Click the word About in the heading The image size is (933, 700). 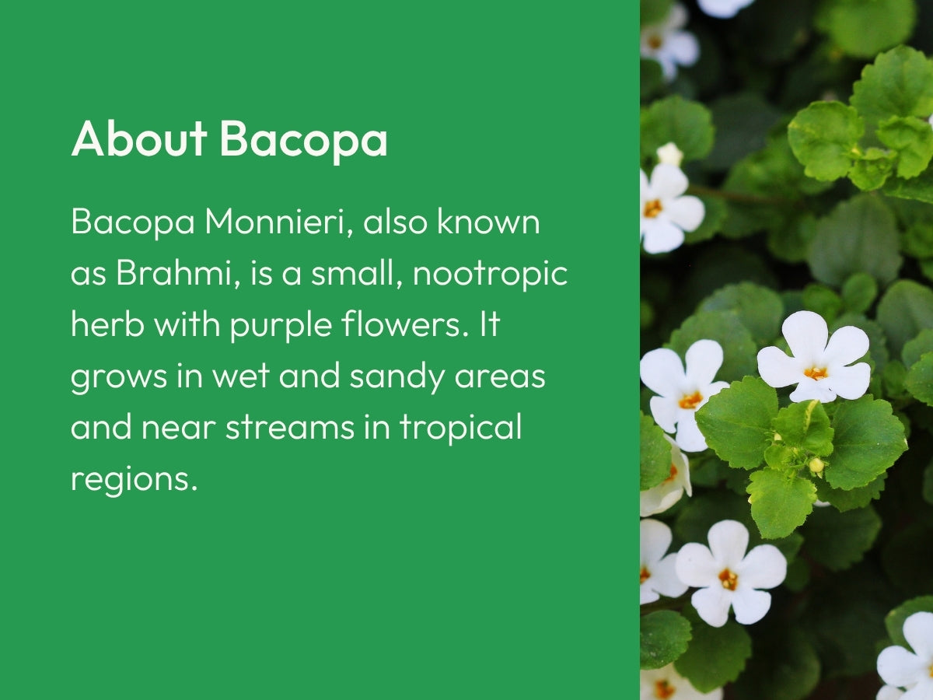(x=139, y=138)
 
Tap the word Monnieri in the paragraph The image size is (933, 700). (x=279, y=222)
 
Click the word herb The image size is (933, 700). (x=107, y=324)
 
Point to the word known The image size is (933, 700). (x=489, y=221)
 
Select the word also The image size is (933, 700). (x=395, y=221)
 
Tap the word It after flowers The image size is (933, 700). (x=490, y=324)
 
